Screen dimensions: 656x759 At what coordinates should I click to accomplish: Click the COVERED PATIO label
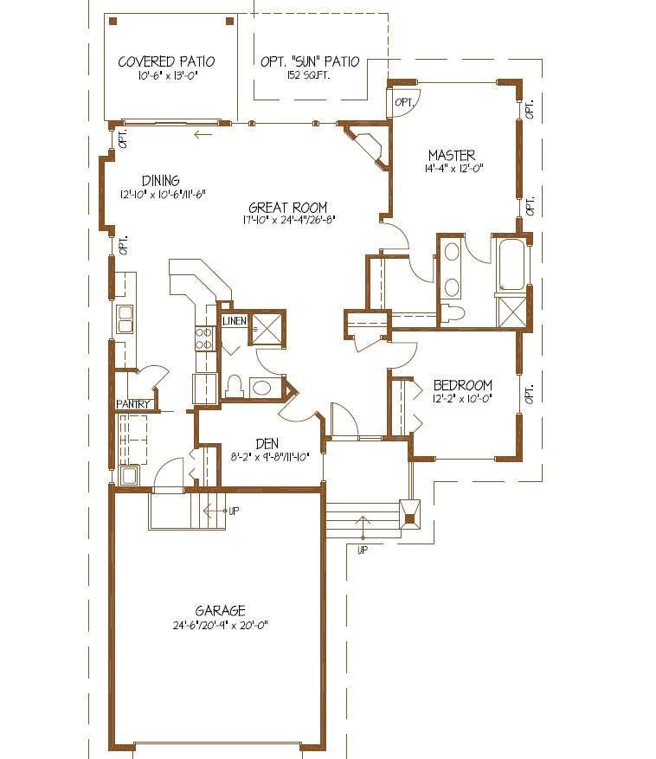tap(166, 62)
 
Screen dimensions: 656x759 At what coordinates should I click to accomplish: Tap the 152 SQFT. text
tap(309, 75)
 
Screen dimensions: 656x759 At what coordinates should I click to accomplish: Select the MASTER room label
tap(452, 156)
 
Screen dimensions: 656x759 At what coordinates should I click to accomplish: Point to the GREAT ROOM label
tap(288, 208)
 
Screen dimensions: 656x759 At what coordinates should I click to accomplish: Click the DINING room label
tap(161, 181)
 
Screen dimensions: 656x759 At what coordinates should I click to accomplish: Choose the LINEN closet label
tap(235, 321)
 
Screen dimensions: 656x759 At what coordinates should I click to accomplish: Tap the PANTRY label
tap(132, 404)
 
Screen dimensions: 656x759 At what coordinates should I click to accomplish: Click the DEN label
tap(267, 443)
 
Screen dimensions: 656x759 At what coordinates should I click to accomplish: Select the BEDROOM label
tap(463, 385)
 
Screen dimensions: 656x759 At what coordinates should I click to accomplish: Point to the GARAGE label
tap(221, 610)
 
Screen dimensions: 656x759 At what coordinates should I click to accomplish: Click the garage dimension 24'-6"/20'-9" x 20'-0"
tap(221, 626)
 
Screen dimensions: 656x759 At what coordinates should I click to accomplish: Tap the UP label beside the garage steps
tap(234, 511)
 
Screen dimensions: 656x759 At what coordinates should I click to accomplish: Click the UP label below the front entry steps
tap(362, 550)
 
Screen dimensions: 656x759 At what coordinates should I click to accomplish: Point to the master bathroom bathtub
tap(512, 264)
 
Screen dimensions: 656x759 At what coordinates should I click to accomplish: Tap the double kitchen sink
tap(125, 319)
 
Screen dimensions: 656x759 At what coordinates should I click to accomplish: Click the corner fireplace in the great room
tap(367, 145)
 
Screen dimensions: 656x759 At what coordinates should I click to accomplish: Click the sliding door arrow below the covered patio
tap(203, 134)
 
